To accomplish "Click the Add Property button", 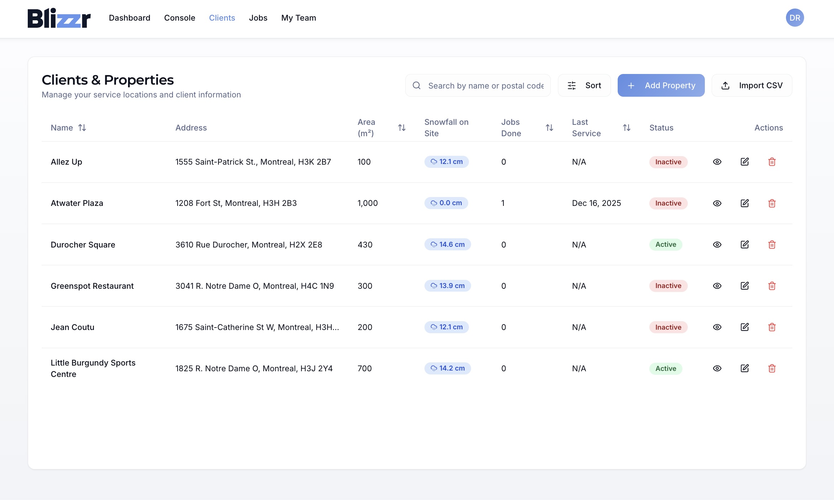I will point(661,85).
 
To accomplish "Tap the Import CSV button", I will point(751,85).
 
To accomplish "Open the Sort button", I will point(584,85).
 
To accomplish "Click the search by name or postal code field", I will point(485,86).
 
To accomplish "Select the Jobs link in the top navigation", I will point(258,18).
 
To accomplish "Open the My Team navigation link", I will point(298,18).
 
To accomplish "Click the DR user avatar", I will point(795,18).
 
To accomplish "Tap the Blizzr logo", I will point(59,18).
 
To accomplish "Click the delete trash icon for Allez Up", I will point(772,162).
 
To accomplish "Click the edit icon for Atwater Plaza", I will point(744,203).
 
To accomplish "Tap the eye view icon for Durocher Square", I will point(717,245).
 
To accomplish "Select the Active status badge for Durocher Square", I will point(665,245).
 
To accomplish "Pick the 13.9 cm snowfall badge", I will point(447,286).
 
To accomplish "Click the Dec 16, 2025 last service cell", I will point(596,203).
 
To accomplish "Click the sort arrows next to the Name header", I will point(82,128).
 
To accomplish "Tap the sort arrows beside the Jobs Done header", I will point(549,128).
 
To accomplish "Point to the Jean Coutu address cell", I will point(257,327).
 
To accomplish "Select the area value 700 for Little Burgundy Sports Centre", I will point(364,368).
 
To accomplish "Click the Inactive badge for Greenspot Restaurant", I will point(668,286).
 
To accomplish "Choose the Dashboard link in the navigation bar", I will point(130,18).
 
